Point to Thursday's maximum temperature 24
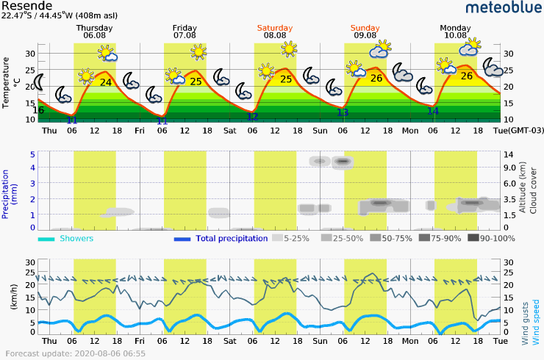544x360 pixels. pyautogui.click(x=106, y=82)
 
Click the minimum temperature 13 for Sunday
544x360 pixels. pyautogui.click(x=343, y=112)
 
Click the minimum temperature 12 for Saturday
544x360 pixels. pyautogui.click(x=252, y=116)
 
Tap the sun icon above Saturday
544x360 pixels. pyautogui.click(x=289, y=49)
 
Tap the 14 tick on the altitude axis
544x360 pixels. pyautogui.click(x=508, y=154)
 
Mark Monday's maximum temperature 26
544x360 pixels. pyautogui.click(x=467, y=76)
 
